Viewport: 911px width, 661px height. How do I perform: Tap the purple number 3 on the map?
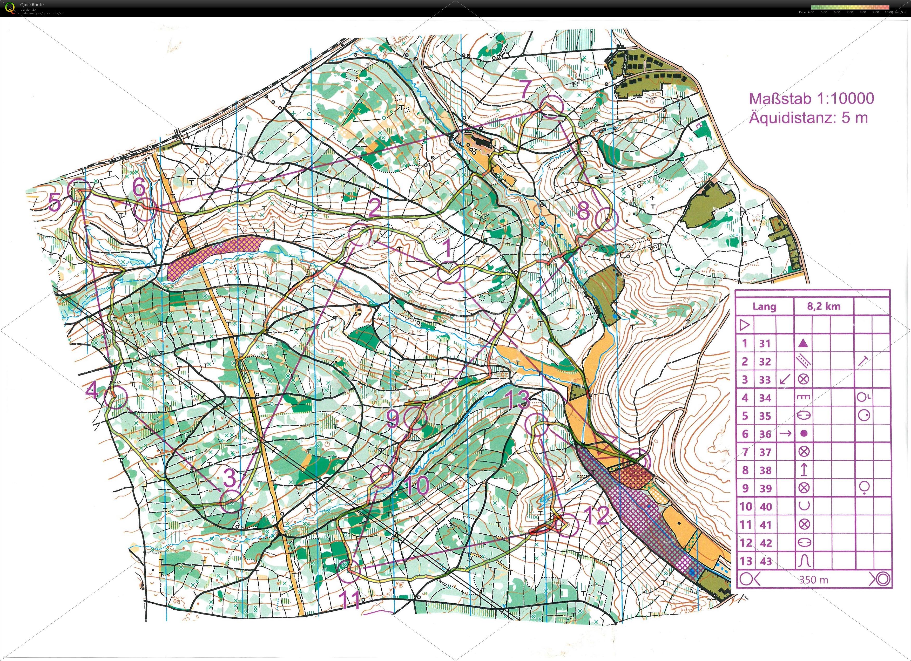[230, 478]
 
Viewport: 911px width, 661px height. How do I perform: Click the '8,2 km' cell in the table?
[824, 306]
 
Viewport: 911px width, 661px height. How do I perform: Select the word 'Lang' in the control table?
[764, 306]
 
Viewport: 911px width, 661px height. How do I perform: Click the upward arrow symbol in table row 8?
[803, 470]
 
